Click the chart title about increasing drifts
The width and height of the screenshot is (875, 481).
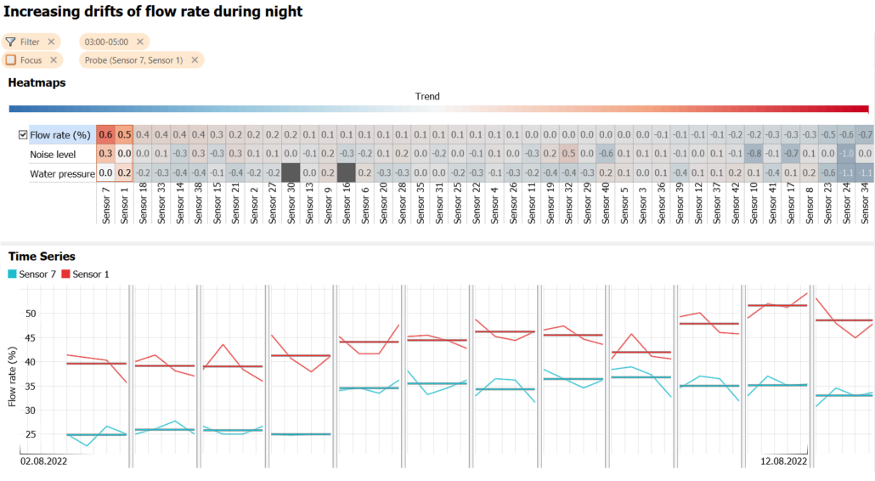click(153, 12)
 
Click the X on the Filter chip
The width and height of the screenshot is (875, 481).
click(51, 42)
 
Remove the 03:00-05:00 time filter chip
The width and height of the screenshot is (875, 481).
click(140, 42)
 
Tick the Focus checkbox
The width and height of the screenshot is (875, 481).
click(10, 60)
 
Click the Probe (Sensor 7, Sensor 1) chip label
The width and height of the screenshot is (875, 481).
click(133, 60)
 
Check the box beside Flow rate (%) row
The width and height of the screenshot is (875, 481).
click(23, 135)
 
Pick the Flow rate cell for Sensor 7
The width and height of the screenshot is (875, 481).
click(105, 135)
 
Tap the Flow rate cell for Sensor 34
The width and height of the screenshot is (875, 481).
click(865, 135)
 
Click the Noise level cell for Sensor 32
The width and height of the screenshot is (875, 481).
click(568, 154)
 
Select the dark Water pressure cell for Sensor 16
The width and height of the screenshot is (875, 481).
click(346, 173)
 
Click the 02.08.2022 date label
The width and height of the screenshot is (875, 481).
click(44, 461)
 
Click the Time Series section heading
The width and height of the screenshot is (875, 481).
click(42, 256)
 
